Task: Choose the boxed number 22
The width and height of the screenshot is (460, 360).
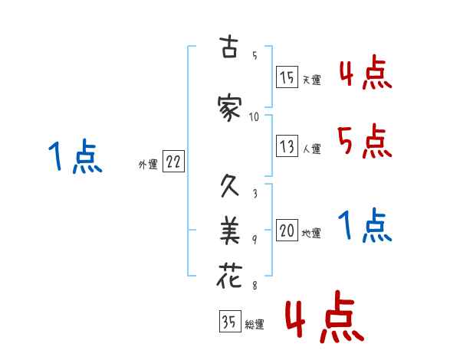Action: (x=173, y=162)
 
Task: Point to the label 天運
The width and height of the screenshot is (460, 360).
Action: (x=312, y=79)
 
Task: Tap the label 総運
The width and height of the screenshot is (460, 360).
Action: (x=255, y=324)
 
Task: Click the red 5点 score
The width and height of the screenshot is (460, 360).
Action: (x=363, y=142)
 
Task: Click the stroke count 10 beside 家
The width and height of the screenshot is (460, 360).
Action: (x=255, y=117)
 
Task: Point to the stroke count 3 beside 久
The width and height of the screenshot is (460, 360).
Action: (x=255, y=194)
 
